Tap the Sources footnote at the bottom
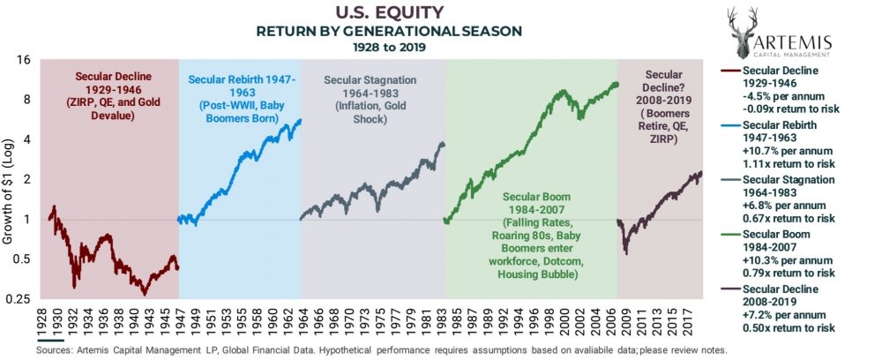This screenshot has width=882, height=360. pyautogui.click(x=383, y=350)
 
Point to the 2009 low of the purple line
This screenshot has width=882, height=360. pyautogui.click(x=625, y=253)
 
